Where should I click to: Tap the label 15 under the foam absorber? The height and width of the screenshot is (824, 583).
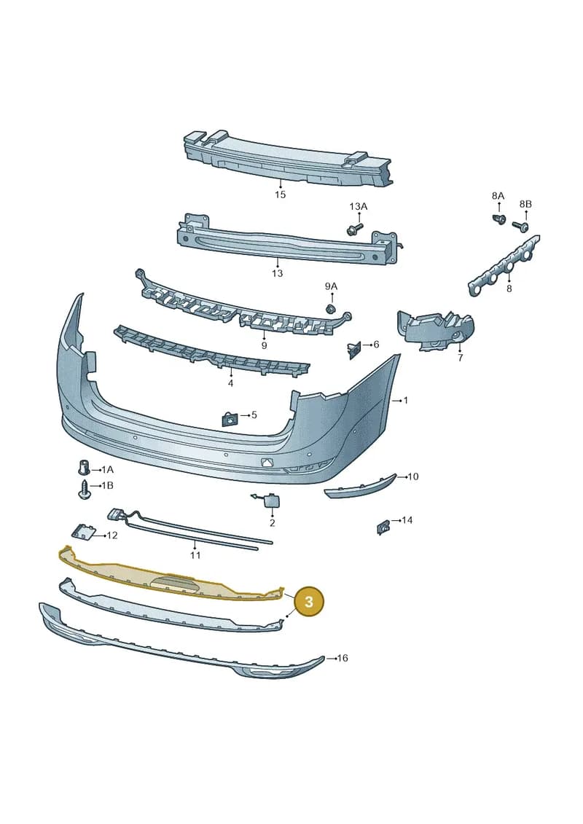tap(280, 195)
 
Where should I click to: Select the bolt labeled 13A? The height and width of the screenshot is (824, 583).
tap(355, 228)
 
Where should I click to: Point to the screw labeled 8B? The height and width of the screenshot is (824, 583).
tap(520, 225)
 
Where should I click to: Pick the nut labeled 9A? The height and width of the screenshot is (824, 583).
tap(331, 308)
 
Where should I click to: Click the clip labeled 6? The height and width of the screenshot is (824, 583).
tap(353, 350)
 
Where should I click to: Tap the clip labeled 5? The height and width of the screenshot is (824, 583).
tap(229, 420)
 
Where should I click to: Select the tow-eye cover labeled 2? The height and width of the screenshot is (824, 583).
tap(271, 499)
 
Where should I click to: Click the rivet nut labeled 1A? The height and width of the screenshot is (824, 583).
tap(82, 468)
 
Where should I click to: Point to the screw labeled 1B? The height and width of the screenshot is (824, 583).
tap(84, 489)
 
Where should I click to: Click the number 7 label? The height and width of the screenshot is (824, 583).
tap(460, 358)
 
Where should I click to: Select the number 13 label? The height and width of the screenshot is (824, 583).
tap(277, 273)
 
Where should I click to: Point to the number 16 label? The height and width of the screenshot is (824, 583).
tap(343, 658)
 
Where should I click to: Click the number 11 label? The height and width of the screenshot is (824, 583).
tap(195, 555)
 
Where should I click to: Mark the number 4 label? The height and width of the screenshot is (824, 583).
tap(230, 384)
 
